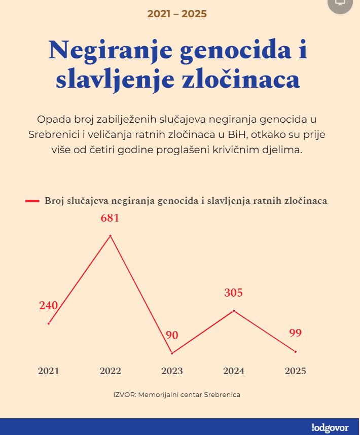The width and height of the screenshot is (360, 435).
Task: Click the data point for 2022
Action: pos(110,236)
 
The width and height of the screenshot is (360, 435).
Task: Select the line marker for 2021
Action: pos(49,323)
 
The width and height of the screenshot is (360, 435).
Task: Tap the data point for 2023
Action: pos(172,353)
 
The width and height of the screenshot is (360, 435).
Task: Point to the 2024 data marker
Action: pos(234,310)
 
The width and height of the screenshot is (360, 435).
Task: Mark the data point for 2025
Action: pos(296,351)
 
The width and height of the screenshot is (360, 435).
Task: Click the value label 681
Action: pos(110,219)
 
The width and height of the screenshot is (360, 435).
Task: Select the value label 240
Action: pos(49,306)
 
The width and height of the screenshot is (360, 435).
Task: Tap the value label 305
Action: pos(234,293)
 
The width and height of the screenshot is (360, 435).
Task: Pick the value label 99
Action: pos(296,333)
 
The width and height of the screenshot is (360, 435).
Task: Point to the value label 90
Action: pos(172,335)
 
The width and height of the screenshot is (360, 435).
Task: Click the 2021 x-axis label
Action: pos(49,371)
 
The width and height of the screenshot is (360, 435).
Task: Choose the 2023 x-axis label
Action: pos(172,371)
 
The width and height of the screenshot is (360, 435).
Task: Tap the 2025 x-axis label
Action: pos(296,371)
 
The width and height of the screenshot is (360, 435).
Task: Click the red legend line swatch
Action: pos(32,201)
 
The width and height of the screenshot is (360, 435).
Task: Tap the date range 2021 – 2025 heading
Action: pos(177,14)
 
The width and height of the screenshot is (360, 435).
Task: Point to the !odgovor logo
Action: pos(330,427)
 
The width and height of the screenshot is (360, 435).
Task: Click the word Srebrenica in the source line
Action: pos(222,394)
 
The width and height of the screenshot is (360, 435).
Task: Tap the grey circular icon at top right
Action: pos(340,4)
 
